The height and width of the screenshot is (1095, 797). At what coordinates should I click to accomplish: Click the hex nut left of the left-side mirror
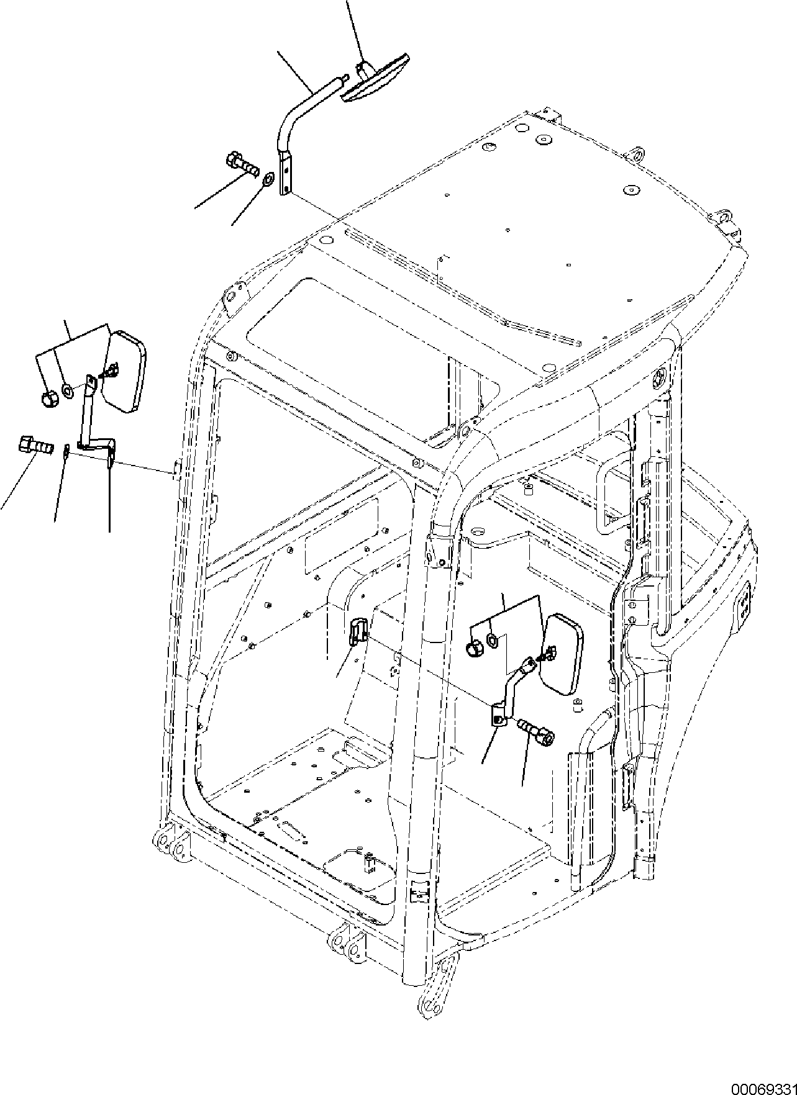(x=49, y=400)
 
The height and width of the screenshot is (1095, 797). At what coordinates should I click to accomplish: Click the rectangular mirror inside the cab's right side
(x=562, y=653)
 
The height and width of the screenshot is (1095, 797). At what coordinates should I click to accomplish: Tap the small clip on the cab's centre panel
(x=356, y=633)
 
